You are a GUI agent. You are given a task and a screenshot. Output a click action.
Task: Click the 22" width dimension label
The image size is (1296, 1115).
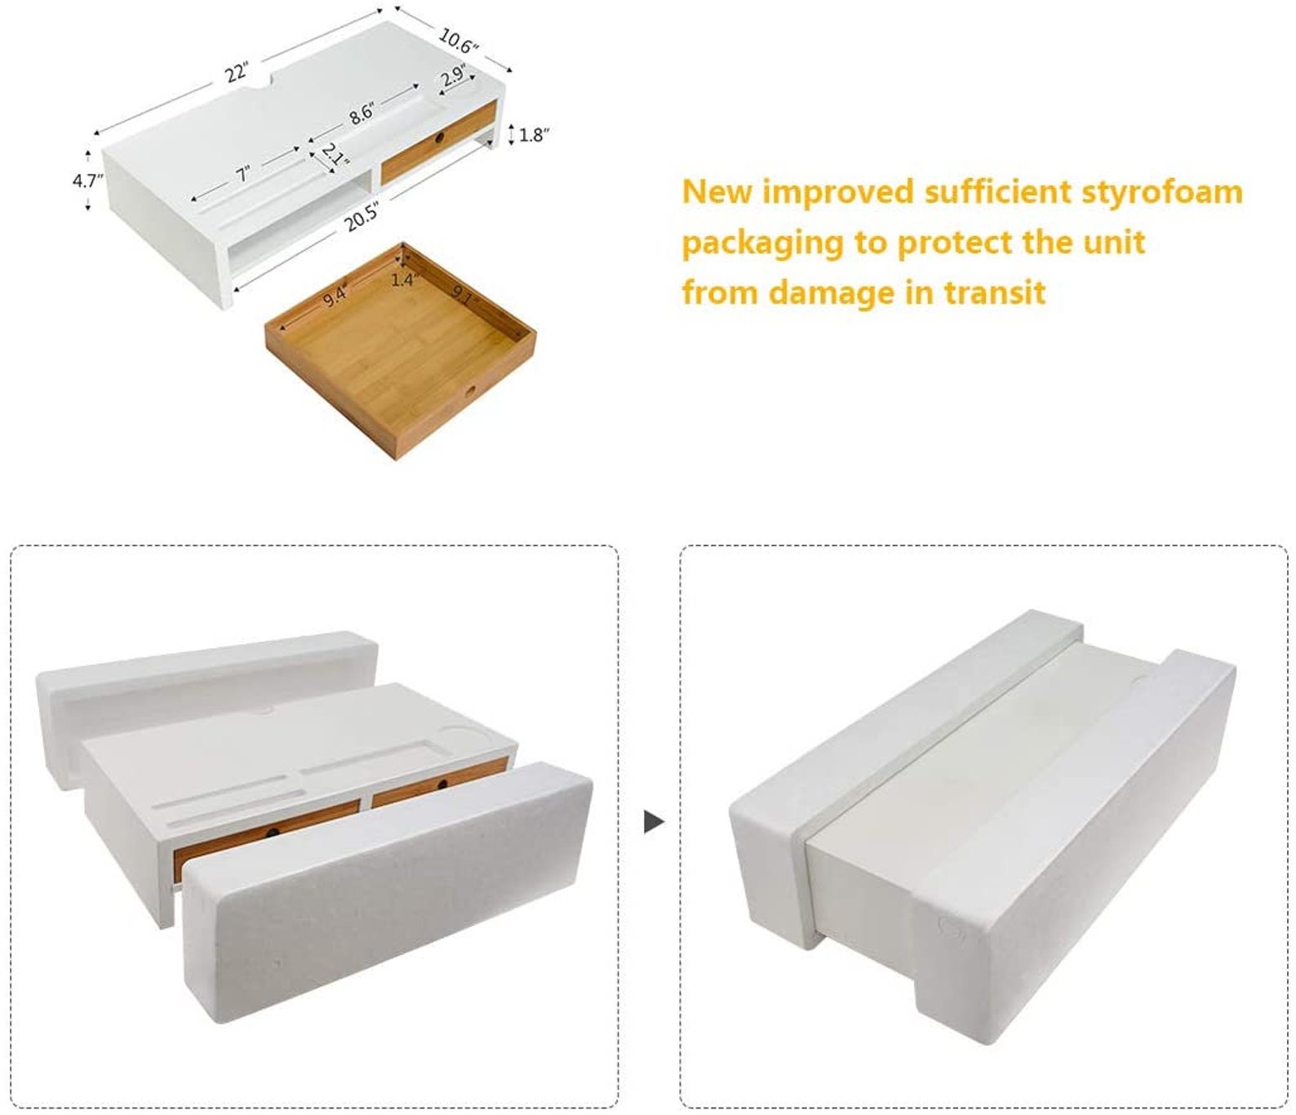coord(237,72)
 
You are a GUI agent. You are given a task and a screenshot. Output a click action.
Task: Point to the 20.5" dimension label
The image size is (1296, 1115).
coord(361,217)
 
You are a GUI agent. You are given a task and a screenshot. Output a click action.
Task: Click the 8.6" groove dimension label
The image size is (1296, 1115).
coord(362,113)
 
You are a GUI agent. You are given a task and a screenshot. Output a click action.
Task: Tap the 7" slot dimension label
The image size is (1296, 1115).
coord(242,173)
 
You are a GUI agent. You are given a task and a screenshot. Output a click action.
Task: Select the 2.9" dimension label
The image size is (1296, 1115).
coord(453,77)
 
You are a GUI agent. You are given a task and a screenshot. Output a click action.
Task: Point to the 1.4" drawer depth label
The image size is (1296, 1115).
coord(403,280)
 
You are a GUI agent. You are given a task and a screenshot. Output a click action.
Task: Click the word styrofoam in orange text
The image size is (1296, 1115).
coord(1161,193)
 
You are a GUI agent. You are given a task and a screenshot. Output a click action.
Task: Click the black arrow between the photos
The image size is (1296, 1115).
coord(654,822)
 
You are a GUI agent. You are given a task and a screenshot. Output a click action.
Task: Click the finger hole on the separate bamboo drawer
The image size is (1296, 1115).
coord(469,393)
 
